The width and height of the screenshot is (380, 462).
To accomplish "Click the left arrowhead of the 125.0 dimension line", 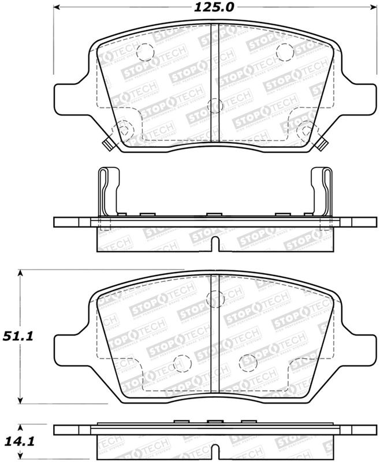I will click(x=58, y=8).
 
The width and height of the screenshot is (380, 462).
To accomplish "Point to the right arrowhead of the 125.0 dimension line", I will click(x=367, y=8).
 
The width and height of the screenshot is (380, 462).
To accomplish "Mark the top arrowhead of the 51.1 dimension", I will click(x=21, y=272).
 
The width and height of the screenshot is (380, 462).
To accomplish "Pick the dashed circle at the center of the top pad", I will click(x=214, y=105).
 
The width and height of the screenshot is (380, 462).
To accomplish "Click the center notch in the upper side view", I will click(x=214, y=244).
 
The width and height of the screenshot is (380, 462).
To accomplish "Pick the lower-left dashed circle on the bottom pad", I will click(x=181, y=362).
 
